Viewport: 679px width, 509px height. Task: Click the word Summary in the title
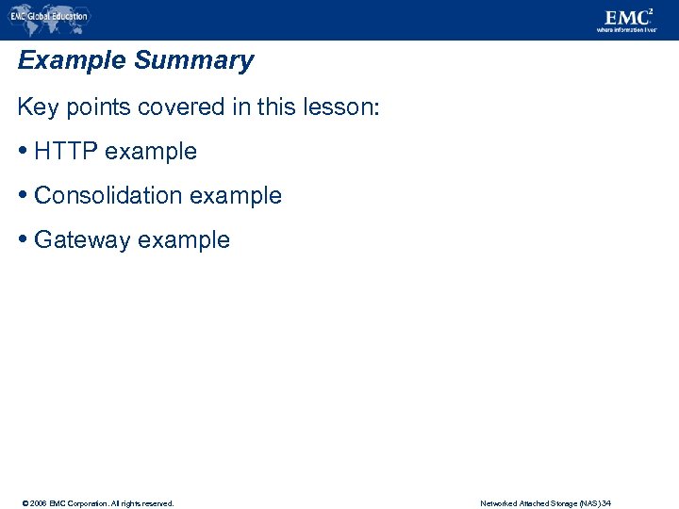pyautogui.click(x=193, y=61)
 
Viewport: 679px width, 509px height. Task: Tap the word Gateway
pyautogui.click(x=82, y=240)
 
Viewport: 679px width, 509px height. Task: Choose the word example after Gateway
pyautogui.click(x=184, y=240)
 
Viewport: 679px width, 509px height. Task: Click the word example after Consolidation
pyautogui.click(x=236, y=196)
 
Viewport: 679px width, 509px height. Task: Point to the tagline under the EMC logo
pyautogui.click(x=626, y=30)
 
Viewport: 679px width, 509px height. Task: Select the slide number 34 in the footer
pyautogui.click(x=606, y=503)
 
